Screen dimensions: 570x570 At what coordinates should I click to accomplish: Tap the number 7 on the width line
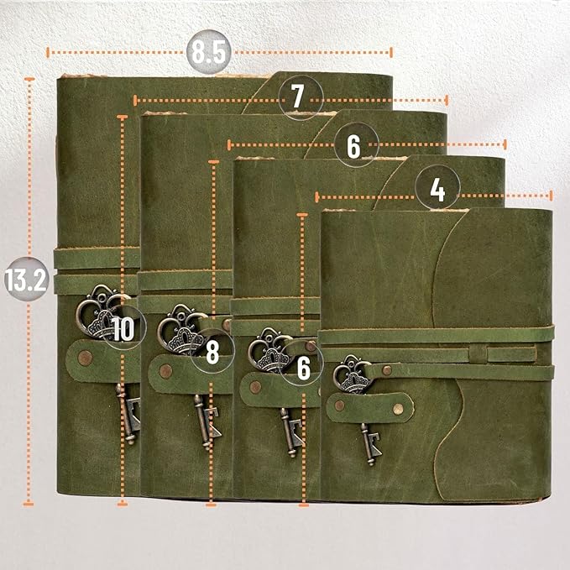pos(298,97)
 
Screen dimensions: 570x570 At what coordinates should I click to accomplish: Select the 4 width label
pos(437,191)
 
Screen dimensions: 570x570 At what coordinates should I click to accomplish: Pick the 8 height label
pos(212,353)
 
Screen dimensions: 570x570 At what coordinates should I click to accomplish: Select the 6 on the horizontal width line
pos(353,145)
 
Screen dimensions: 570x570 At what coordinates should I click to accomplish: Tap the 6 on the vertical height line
pos(303,366)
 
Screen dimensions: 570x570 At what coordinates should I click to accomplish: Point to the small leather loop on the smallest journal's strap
pos(477,353)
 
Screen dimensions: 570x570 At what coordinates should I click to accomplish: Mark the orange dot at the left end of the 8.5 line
pos(48,51)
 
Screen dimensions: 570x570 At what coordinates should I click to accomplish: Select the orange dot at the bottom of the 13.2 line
pos(29,502)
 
